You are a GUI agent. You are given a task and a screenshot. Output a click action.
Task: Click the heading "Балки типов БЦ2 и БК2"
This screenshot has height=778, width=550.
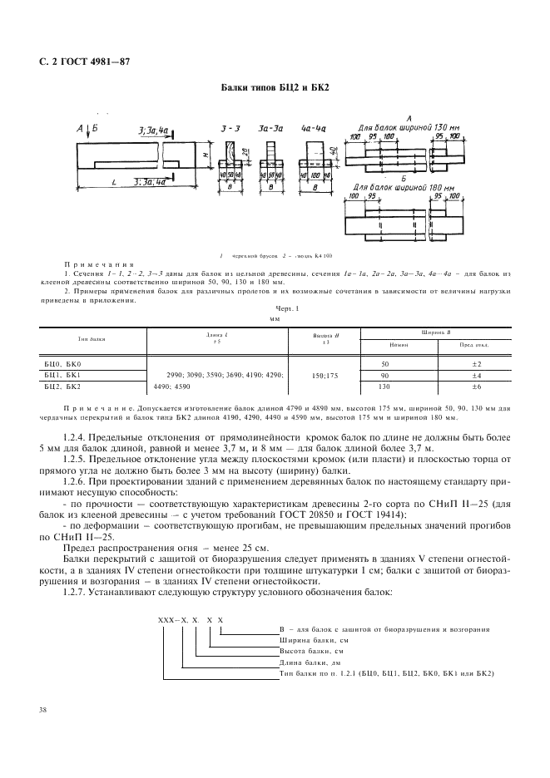point(275,86)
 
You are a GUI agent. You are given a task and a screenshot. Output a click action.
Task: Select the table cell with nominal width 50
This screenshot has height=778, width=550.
point(384,364)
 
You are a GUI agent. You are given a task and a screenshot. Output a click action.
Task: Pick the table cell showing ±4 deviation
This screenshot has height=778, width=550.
point(476,376)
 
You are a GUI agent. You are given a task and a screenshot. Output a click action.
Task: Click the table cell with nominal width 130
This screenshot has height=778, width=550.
point(384,387)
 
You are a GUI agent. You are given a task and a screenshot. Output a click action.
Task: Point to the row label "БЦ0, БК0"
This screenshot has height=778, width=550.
point(62,364)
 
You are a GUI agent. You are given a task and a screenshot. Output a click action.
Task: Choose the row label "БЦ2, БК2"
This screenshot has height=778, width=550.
point(62,387)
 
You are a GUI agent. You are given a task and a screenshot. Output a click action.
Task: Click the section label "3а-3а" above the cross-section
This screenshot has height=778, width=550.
point(270,130)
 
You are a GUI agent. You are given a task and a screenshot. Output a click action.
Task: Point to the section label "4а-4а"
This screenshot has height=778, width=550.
point(314,130)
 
